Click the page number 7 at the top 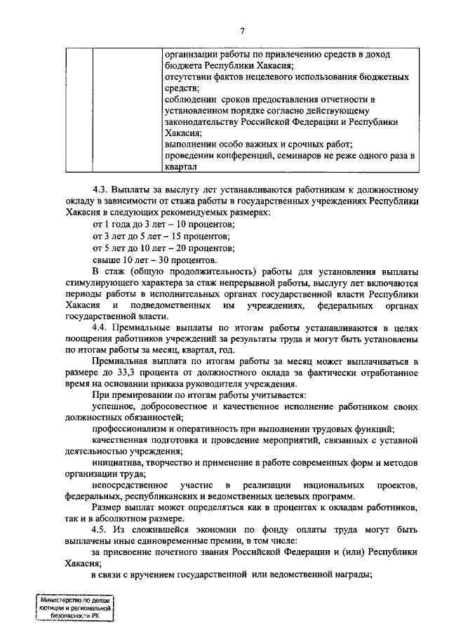pyautogui.click(x=242, y=30)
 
